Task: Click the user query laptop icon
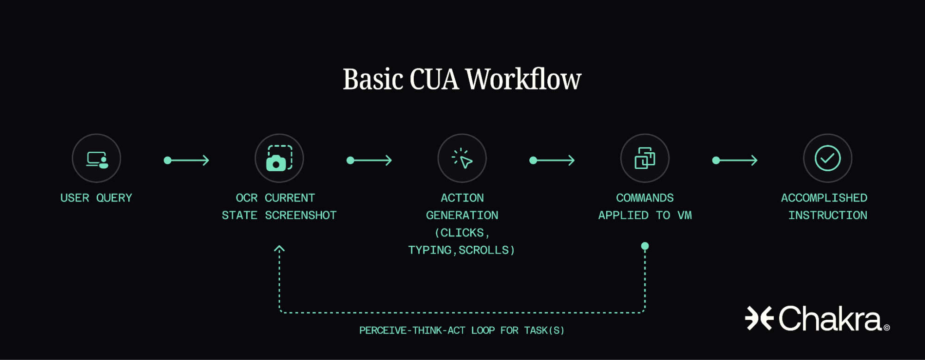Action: pos(97,159)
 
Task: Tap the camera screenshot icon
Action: pos(279,159)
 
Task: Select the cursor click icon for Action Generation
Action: pos(462,159)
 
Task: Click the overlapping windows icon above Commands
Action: pos(645,159)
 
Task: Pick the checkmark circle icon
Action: pos(827,159)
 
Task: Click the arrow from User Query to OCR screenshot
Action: pos(186,161)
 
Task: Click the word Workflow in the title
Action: pos(523,79)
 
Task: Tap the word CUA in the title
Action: pos(434,79)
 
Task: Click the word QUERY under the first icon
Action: pos(114,198)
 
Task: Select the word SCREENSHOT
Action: pos(301,216)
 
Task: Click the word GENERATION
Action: pos(462,216)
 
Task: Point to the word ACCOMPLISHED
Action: pos(824,198)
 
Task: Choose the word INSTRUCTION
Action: pos(828,216)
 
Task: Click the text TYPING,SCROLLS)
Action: pos(461,250)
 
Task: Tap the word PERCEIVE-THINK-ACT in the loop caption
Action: pos(412,330)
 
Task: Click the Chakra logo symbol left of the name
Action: pos(759,318)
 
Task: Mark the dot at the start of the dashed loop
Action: pos(645,246)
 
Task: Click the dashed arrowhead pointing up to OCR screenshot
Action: pos(279,249)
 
